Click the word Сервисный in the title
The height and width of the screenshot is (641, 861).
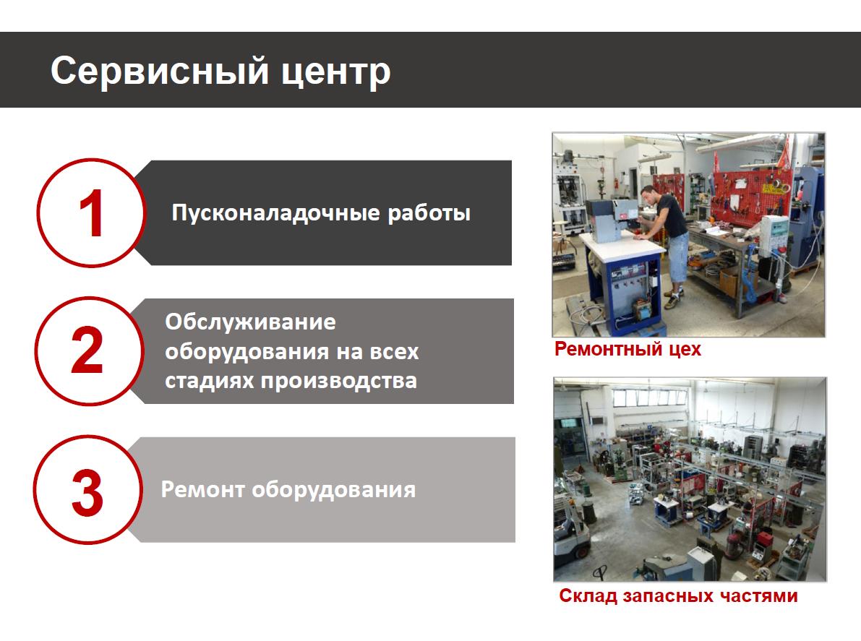pyautogui.click(x=160, y=72)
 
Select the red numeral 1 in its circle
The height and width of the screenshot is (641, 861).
pyautogui.click(x=92, y=213)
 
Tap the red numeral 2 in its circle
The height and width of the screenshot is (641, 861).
pyautogui.click(x=87, y=350)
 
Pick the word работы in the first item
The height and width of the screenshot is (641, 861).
pyautogui.click(x=429, y=213)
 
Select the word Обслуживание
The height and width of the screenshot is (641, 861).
pyautogui.click(x=250, y=322)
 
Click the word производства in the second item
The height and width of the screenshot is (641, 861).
pyautogui.click(x=339, y=381)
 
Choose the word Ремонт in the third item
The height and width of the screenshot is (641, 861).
pyautogui.click(x=202, y=489)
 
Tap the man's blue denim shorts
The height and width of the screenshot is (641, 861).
pyautogui.click(x=678, y=256)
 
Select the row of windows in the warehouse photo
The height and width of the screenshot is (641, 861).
pyautogui.click(x=650, y=397)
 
